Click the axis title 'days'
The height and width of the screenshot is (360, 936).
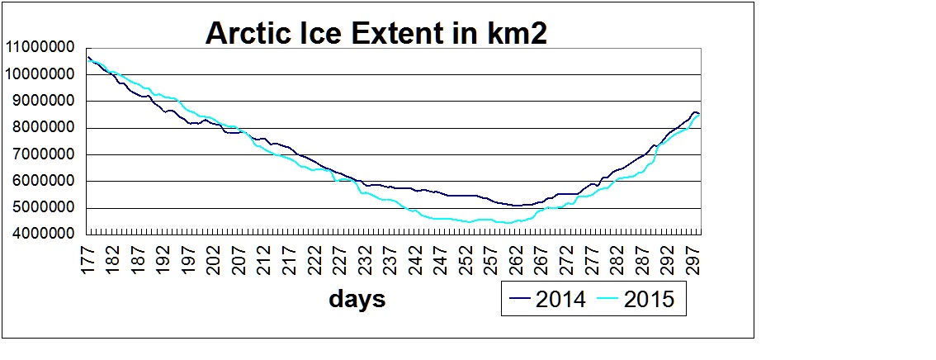coord(357,298)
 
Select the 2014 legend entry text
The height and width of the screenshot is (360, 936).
coord(560,299)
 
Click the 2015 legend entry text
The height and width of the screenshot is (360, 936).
coord(650,299)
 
